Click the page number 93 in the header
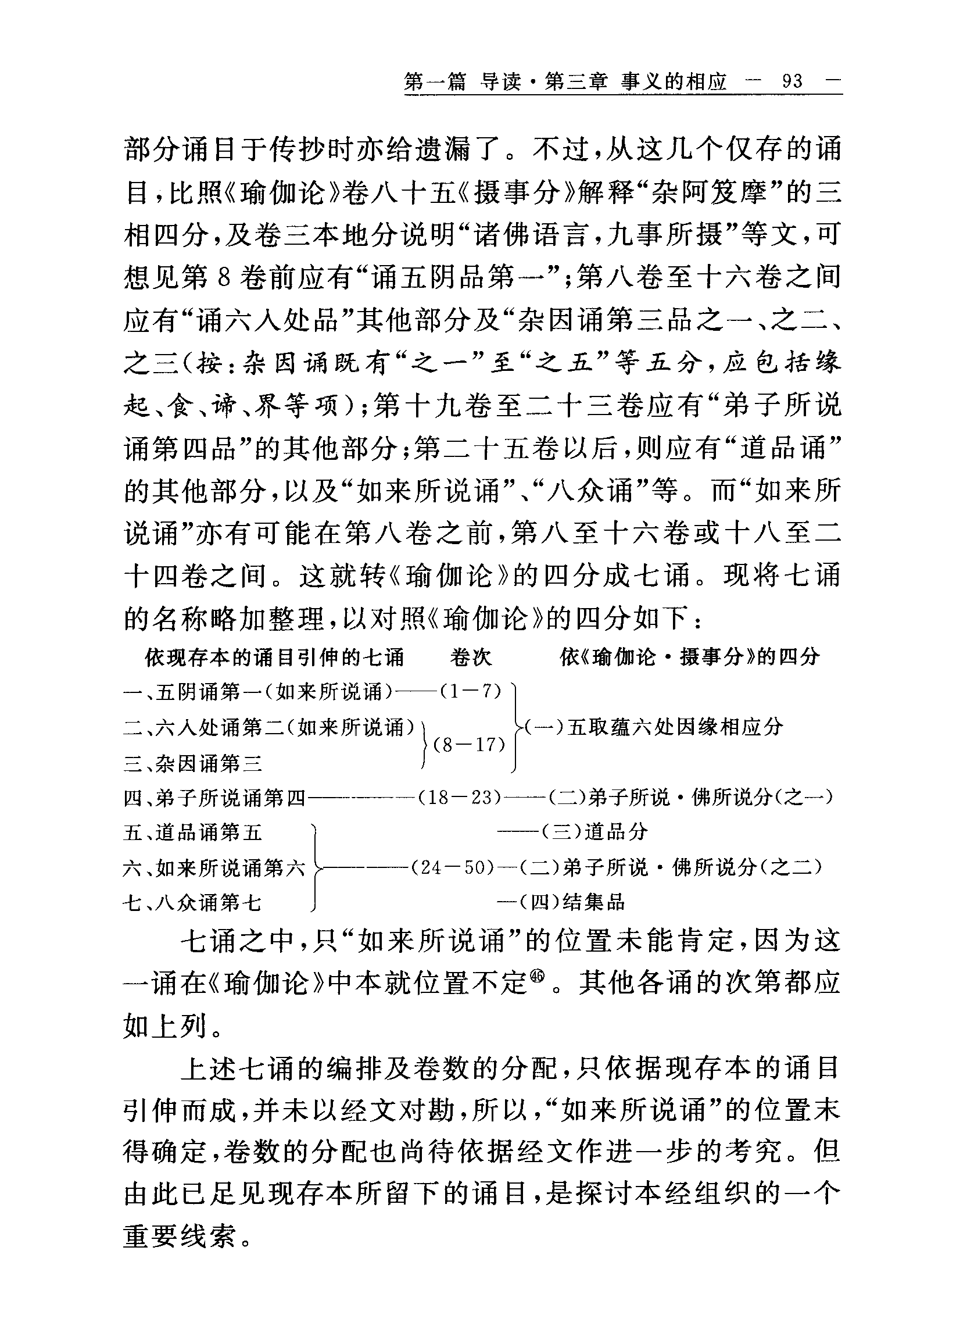point(792,81)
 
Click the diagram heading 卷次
point(470,656)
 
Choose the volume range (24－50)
point(452,867)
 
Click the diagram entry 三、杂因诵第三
point(192,764)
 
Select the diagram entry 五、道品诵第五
point(192,833)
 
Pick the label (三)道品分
point(595,832)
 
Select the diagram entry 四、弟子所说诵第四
point(214,799)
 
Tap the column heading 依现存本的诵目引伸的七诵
point(275,656)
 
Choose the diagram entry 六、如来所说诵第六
point(214,868)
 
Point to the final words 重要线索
point(180,1236)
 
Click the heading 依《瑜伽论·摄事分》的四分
point(690,656)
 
